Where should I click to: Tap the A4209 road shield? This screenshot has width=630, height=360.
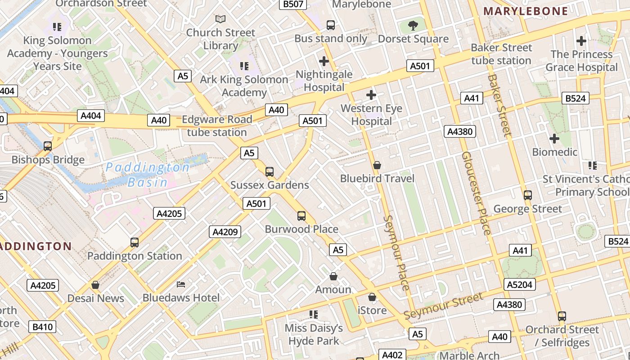[x=225, y=232]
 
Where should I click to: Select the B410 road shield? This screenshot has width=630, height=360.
[x=43, y=327]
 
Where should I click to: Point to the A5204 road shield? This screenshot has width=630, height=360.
[x=519, y=284]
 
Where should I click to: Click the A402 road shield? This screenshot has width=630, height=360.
[x=392, y=355]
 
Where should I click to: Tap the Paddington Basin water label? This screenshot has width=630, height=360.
[x=148, y=175]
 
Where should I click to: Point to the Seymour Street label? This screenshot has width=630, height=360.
[x=443, y=306]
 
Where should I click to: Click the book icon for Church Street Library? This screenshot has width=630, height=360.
[x=220, y=19]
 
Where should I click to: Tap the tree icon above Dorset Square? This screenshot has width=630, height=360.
[x=413, y=25]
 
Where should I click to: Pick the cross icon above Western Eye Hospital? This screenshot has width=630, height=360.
[x=371, y=95]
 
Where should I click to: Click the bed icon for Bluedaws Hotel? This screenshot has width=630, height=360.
[x=181, y=284]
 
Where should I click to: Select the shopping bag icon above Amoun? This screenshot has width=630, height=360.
[x=333, y=276]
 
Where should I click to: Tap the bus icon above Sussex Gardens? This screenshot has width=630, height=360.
[x=270, y=171]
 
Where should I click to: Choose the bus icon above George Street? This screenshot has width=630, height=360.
[x=528, y=195]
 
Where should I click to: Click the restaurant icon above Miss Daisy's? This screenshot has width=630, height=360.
[x=314, y=315]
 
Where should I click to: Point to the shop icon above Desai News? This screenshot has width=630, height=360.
[x=95, y=285]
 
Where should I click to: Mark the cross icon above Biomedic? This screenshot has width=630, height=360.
[x=554, y=139]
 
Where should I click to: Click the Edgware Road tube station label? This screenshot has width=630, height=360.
[x=217, y=126]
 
